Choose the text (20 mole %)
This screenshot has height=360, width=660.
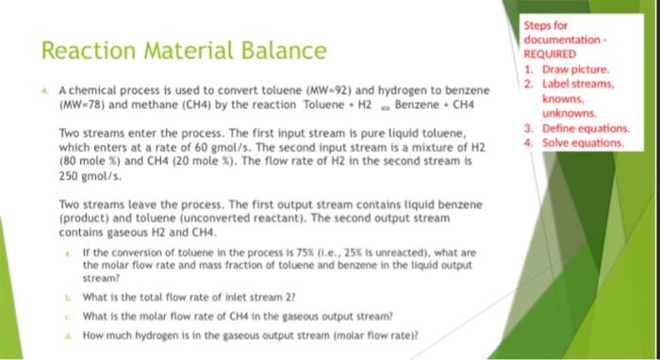click(213, 161)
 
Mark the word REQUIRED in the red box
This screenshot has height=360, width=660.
click(552, 55)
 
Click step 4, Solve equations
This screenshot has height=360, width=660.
click(581, 142)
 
